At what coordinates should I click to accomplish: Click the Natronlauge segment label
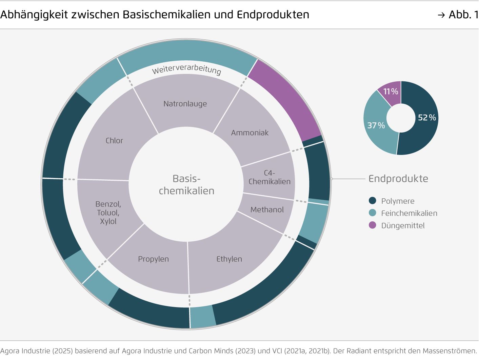point(185,104)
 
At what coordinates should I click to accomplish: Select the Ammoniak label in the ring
point(250,133)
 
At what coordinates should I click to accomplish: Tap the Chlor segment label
point(114,141)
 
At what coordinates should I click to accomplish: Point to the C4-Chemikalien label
point(270,177)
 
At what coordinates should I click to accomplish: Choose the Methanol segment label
point(267,210)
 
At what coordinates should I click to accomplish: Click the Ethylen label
point(229,259)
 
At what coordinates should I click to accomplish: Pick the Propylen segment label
point(153,259)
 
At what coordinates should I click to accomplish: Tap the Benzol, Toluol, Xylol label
point(108,213)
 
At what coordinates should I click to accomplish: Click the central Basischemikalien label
point(186,185)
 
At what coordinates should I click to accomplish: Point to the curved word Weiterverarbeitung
point(186,69)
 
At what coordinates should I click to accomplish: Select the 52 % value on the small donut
point(427,118)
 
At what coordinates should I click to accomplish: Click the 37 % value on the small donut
point(376,125)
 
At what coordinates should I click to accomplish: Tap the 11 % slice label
point(391,92)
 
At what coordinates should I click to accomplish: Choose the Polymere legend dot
point(373,201)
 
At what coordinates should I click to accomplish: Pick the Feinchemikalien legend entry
point(409,213)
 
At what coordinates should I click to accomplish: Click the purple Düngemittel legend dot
point(373,225)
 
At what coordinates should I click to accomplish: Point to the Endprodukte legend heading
point(398,179)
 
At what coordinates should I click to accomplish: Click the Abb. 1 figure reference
point(463,15)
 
